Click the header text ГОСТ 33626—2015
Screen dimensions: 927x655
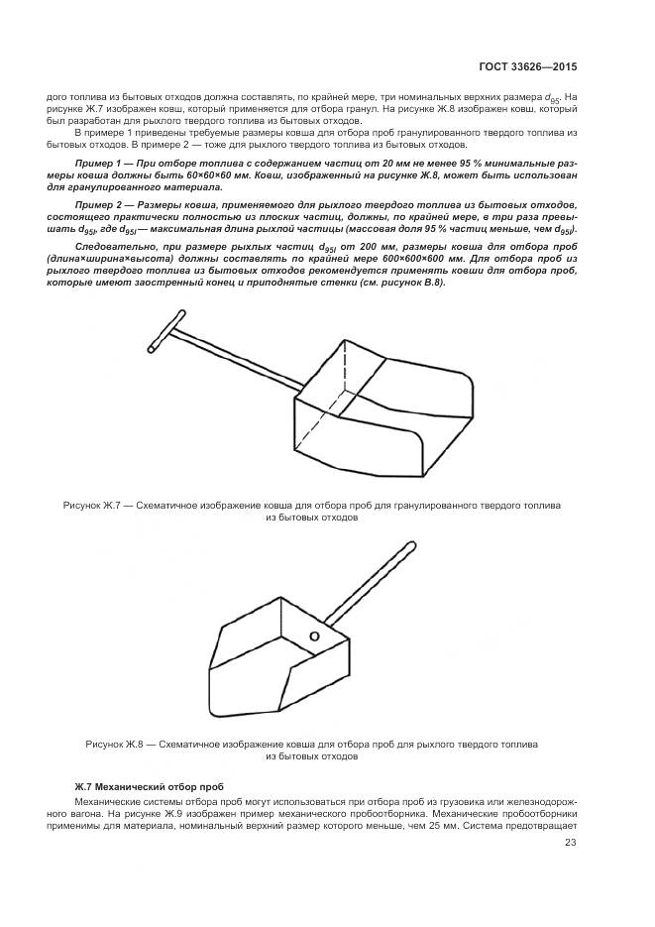(x=525, y=67)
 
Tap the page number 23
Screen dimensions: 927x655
(x=571, y=843)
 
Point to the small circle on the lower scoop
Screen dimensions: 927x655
(x=314, y=636)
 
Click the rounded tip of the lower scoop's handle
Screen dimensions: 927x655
(x=409, y=544)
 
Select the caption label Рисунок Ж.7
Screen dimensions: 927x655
(x=91, y=505)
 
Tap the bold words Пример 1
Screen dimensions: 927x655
(x=98, y=162)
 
